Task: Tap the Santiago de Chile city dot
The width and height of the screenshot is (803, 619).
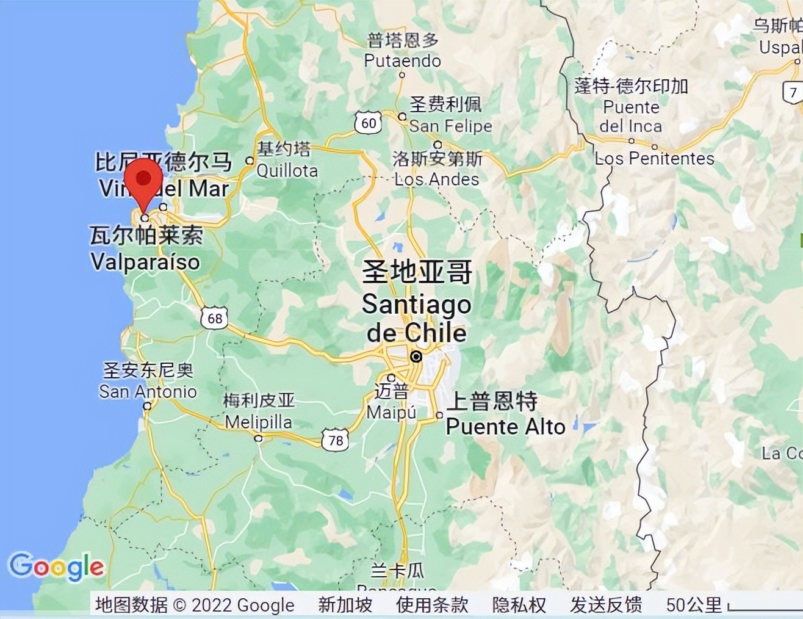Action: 416,357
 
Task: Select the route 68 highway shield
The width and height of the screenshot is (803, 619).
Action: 214,318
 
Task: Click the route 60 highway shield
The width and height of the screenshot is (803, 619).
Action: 369,123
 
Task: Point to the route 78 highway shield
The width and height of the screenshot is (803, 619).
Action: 335,440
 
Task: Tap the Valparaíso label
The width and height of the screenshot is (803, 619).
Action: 145,262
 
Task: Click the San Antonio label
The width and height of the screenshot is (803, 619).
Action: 148,391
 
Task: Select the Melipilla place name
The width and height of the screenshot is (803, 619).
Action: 258,422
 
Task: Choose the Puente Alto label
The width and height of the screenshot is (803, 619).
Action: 505,426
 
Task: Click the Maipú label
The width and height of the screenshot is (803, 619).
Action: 391,412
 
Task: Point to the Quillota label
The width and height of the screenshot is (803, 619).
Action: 287,170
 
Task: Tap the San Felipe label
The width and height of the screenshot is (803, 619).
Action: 450,126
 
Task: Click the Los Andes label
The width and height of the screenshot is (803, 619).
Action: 437,179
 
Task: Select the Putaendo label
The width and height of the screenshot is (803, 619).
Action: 402,60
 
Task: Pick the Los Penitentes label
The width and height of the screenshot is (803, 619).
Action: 654,158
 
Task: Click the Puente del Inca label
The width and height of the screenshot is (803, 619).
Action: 631,117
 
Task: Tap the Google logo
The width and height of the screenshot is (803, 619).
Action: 56,567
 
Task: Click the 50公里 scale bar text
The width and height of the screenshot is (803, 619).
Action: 694,605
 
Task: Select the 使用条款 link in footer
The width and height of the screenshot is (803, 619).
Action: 432,605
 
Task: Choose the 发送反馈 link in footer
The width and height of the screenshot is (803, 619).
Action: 606,605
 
